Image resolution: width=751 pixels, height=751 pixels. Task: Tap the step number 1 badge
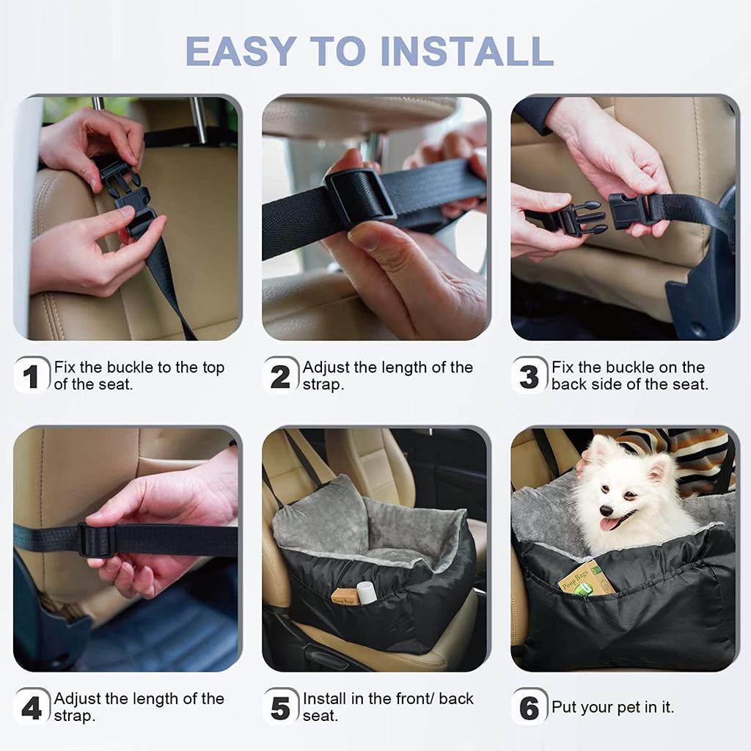pyautogui.click(x=32, y=375)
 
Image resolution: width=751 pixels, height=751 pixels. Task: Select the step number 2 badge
pyautogui.click(x=281, y=375)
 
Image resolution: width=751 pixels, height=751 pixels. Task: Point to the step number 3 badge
pyautogui.click(x=530, y=375)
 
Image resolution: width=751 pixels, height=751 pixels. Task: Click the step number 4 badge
pyautogui.click(x=32, y=707)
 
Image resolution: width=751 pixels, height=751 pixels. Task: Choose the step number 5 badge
pyautogui.click(x=281, y=707)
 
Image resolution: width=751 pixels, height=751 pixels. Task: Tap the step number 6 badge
pyautogui.click(x=530, y=707)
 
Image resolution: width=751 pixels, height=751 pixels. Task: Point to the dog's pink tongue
pyautogui.click(x=609, y=524)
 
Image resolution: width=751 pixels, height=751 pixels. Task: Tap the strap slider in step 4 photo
pyautogui.click(x=97, y=541)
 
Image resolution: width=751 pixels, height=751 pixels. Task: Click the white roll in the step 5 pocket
pyautogui.click(x=366, y=592)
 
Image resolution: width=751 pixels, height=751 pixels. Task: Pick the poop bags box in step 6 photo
pyautogui.click(x=585, y=579)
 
